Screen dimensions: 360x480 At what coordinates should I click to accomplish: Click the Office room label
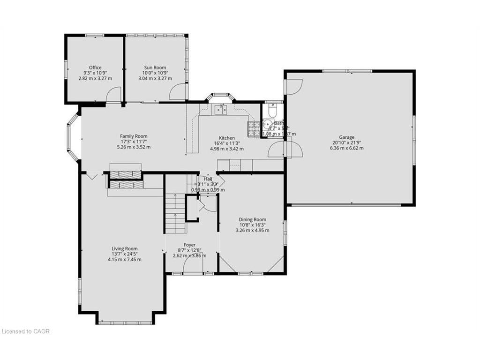(95, 67)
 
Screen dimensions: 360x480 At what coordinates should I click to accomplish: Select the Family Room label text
(134, 136)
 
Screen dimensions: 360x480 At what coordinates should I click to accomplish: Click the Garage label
(347, 137)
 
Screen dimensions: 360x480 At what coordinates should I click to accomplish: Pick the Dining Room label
(252, 219)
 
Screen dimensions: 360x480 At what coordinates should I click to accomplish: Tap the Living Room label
(124, 249)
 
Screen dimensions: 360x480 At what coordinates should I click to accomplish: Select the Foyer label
(189, 245)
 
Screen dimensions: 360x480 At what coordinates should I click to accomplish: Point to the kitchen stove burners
(254, 129)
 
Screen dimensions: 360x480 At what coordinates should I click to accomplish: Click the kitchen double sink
(220, 110)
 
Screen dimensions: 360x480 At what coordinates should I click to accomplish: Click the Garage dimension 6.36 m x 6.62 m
(347, 148)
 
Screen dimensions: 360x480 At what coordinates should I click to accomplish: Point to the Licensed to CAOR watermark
(25, 331)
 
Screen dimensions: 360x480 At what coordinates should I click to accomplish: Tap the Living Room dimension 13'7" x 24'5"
(124, 254)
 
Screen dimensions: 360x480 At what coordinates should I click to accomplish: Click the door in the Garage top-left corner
(293, 87)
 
